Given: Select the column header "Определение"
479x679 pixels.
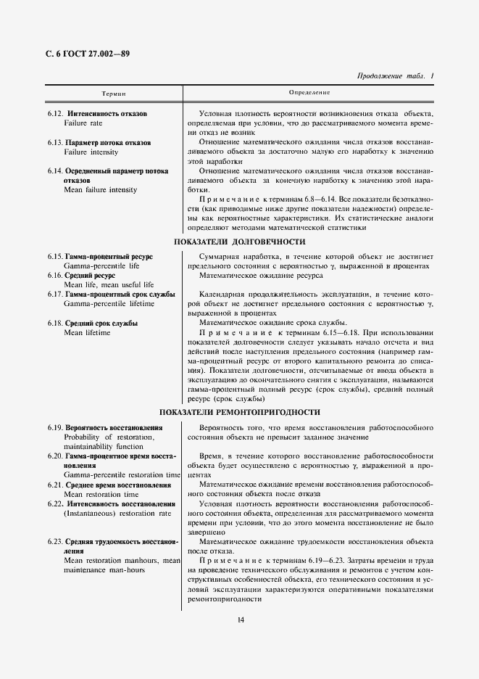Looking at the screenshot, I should point(309,94).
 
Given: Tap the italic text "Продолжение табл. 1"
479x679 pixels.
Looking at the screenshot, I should point(396,76).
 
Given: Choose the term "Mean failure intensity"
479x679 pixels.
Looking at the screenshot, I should point(100,190).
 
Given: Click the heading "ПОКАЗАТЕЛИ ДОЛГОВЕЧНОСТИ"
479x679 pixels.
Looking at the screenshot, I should point(240,242).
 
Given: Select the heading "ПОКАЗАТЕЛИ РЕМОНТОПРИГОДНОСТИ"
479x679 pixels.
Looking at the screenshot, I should point(240,412).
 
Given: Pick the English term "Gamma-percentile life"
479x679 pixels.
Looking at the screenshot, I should point(101,266).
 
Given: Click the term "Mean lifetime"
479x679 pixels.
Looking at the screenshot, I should point(87,332).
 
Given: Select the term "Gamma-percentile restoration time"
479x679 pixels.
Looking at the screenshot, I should point(122,474).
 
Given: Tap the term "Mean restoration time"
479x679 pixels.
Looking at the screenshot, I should point(101,494).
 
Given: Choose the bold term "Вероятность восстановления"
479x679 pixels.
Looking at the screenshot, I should point(114,428).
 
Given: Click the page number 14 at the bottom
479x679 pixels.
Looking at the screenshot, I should point(240,619).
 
